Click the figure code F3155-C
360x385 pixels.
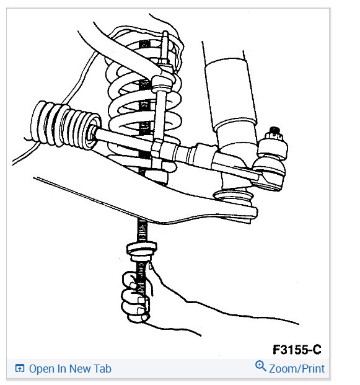coord(296,350)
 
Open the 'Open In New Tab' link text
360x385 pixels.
coord(70,369)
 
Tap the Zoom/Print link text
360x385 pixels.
coord(296,368)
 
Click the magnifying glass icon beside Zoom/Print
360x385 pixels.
coord(260,367)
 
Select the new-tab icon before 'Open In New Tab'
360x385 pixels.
coord(19,369)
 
